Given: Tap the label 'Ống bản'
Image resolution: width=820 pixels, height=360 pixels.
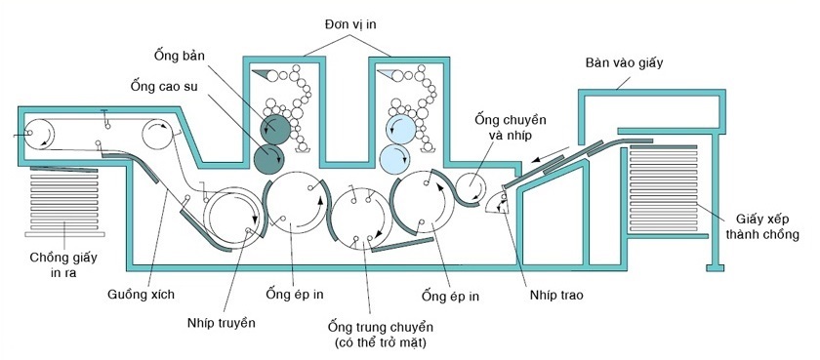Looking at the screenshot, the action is pos(178,55).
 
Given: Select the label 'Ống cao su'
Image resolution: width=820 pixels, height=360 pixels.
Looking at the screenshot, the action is pos(164,86).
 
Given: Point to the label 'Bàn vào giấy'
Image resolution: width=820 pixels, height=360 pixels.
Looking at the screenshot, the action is pos(625,63).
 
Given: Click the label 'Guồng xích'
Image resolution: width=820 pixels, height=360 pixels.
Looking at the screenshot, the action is pos(142,295).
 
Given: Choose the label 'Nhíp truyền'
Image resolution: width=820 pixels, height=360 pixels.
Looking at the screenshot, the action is pos(222,323).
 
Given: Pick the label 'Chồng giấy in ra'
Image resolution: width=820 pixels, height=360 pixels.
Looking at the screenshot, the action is pos(63,264).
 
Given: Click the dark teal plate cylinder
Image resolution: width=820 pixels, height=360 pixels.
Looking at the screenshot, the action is pos(275,130).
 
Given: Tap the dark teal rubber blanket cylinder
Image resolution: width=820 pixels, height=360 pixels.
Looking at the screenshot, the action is pos(269,158).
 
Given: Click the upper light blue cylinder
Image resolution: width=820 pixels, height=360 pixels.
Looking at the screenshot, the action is pos(401,129).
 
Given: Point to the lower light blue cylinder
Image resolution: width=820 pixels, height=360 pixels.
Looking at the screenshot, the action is pos(394,158).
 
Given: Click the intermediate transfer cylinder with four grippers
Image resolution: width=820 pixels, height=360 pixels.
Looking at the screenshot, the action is pos(362,218).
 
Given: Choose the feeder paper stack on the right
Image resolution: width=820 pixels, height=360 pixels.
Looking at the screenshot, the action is pos(664,188).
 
